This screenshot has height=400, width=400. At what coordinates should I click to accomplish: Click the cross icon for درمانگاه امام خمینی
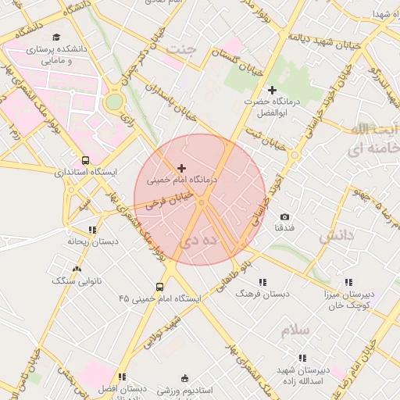[182, 167]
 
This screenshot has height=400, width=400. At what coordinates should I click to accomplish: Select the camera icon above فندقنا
[284, 216]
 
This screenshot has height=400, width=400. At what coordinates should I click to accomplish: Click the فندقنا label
[284, 228]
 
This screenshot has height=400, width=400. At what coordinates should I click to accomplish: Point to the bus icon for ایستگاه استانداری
[85, 160]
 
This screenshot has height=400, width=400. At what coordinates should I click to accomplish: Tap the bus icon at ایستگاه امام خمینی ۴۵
[160, 287]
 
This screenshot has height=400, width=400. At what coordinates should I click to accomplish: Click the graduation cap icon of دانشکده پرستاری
[55, 37]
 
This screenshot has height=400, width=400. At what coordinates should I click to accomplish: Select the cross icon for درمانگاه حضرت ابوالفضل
[272, 91]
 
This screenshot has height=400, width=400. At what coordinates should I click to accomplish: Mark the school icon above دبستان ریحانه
[92, 230]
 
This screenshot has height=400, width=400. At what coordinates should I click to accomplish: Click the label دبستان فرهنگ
[262, 294]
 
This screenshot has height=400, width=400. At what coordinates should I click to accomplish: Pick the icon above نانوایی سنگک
[77, 269]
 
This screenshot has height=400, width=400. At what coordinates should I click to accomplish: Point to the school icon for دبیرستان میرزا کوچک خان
[348, 282]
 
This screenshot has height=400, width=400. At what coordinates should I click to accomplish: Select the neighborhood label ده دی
[198, 243]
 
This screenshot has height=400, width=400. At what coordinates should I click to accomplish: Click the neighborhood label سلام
[296, 330]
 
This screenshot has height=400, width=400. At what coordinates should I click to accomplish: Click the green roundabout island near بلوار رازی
[114, 101]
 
